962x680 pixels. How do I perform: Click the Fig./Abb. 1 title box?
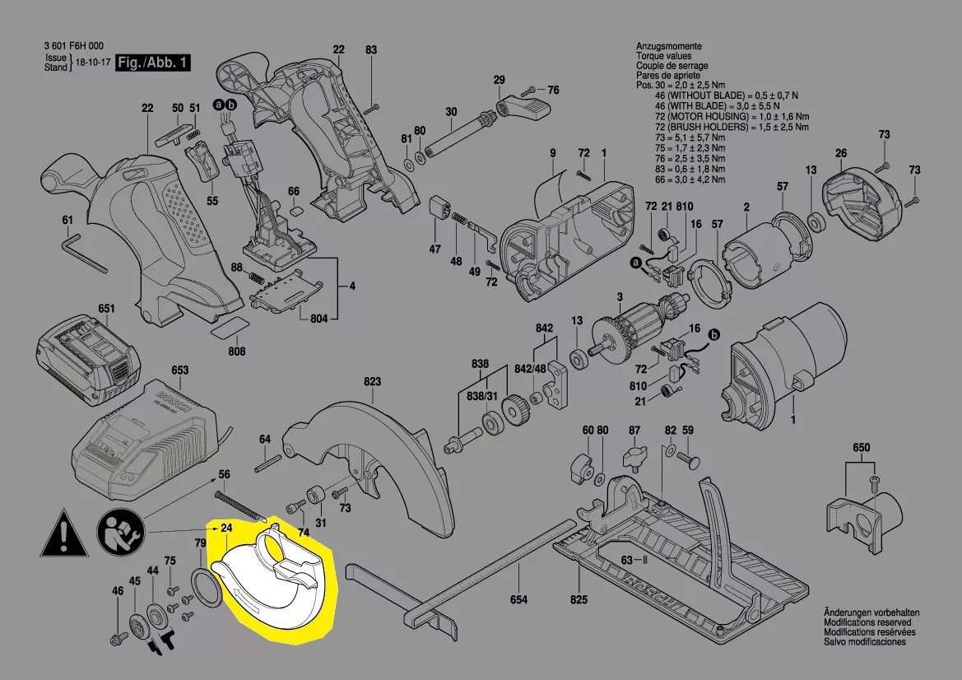click(x=153, y=63)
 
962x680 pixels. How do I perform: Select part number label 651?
click(x=107, y=309)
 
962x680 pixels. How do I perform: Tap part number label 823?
click(x=373, y=382)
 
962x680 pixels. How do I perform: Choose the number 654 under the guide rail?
click(x=518, y=600)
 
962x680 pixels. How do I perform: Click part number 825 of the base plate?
click(x=579, y=600)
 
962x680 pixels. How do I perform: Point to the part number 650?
click(x=861, y=447)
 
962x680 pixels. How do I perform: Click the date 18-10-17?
click(x=92, y=63)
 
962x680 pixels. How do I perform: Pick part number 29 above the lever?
click(x=499, y=80)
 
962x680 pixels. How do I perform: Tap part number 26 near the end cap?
click(x=840, y=153)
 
